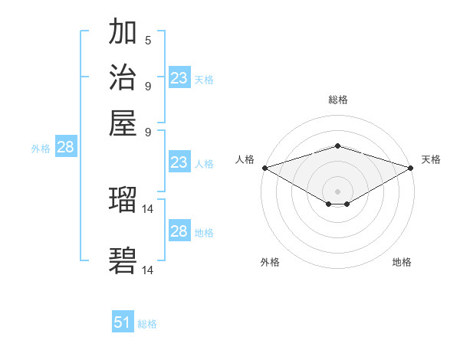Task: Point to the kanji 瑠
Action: [x=123, y=200]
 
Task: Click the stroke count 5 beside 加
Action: [x=148, y=40]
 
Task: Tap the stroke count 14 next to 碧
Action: [x=149, y=270]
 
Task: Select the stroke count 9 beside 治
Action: [x=148, y=85]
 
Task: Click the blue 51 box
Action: [x=123, y=323]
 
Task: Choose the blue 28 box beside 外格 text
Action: [x=65, y=148]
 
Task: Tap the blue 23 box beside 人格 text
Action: [x=179, y=162]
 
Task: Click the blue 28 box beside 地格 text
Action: [x=179, y=231]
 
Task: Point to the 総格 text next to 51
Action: [x=147, y=324]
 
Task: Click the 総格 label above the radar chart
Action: [x=337, y=100]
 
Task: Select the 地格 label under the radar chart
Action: [x=402, y=263]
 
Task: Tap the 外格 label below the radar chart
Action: [x=270, y=263]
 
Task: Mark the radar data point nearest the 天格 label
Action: [x=412, y=167]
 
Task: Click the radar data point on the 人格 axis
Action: [x=264, y=167]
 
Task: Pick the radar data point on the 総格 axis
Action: [x=337, y=146]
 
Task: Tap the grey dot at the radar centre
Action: [x=337, y=191]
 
